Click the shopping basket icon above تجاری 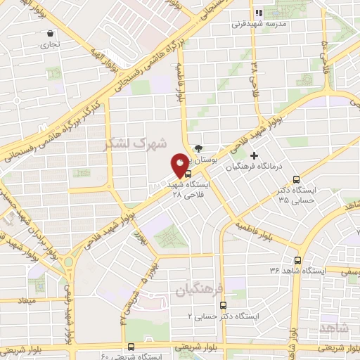coord(51,33)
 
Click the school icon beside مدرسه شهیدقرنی coord(259,13)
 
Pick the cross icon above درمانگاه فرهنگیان coord(254,155)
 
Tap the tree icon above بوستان coord(199,148)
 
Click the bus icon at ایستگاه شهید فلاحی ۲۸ coord(186,174)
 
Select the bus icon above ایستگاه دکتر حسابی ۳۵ coord(295,179)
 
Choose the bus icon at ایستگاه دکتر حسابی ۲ coord(223,305)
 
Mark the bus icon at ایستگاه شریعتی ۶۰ coord(131,346)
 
